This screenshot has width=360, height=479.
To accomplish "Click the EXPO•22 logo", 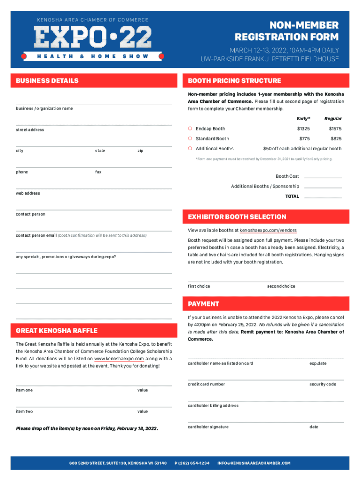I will click(x=93, y=36).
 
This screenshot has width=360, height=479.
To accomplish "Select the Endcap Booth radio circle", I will click(x=190, y=129).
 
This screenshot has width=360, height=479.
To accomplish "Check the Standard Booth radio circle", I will click(x=190, y=138).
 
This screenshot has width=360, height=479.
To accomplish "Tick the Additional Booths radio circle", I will click(x=190, y=148).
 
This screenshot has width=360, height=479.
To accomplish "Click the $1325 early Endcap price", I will click(x=303, y=129).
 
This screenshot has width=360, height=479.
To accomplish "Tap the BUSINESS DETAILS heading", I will click(x=47, y=81).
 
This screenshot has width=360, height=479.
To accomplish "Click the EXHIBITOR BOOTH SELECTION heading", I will click(x=237, y=217).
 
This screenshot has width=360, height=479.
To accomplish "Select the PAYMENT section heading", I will click(x=203, y=304).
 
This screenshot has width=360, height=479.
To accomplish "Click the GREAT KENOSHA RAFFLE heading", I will click(x=57, y=331).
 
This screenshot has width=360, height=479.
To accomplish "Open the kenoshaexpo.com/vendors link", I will click(x=267, y=231).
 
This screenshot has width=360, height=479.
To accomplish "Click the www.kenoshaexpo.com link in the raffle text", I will click(x=119, y=359).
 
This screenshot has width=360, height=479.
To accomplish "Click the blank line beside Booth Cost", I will click(x=323, y=177).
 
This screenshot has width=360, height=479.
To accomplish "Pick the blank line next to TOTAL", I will click(x=323, y=197).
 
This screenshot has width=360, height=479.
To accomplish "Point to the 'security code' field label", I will click(x=323, y=385).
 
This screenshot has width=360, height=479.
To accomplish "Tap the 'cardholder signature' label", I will click(x=208, y=427).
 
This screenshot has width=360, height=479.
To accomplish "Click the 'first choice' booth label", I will click(x=199, y=286).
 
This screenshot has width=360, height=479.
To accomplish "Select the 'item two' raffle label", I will click(x=24, y=412).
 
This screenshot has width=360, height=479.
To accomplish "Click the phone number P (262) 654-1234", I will click(x=192, y=463).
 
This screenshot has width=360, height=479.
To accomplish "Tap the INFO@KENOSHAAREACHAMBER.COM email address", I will click(x=254, y=463).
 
